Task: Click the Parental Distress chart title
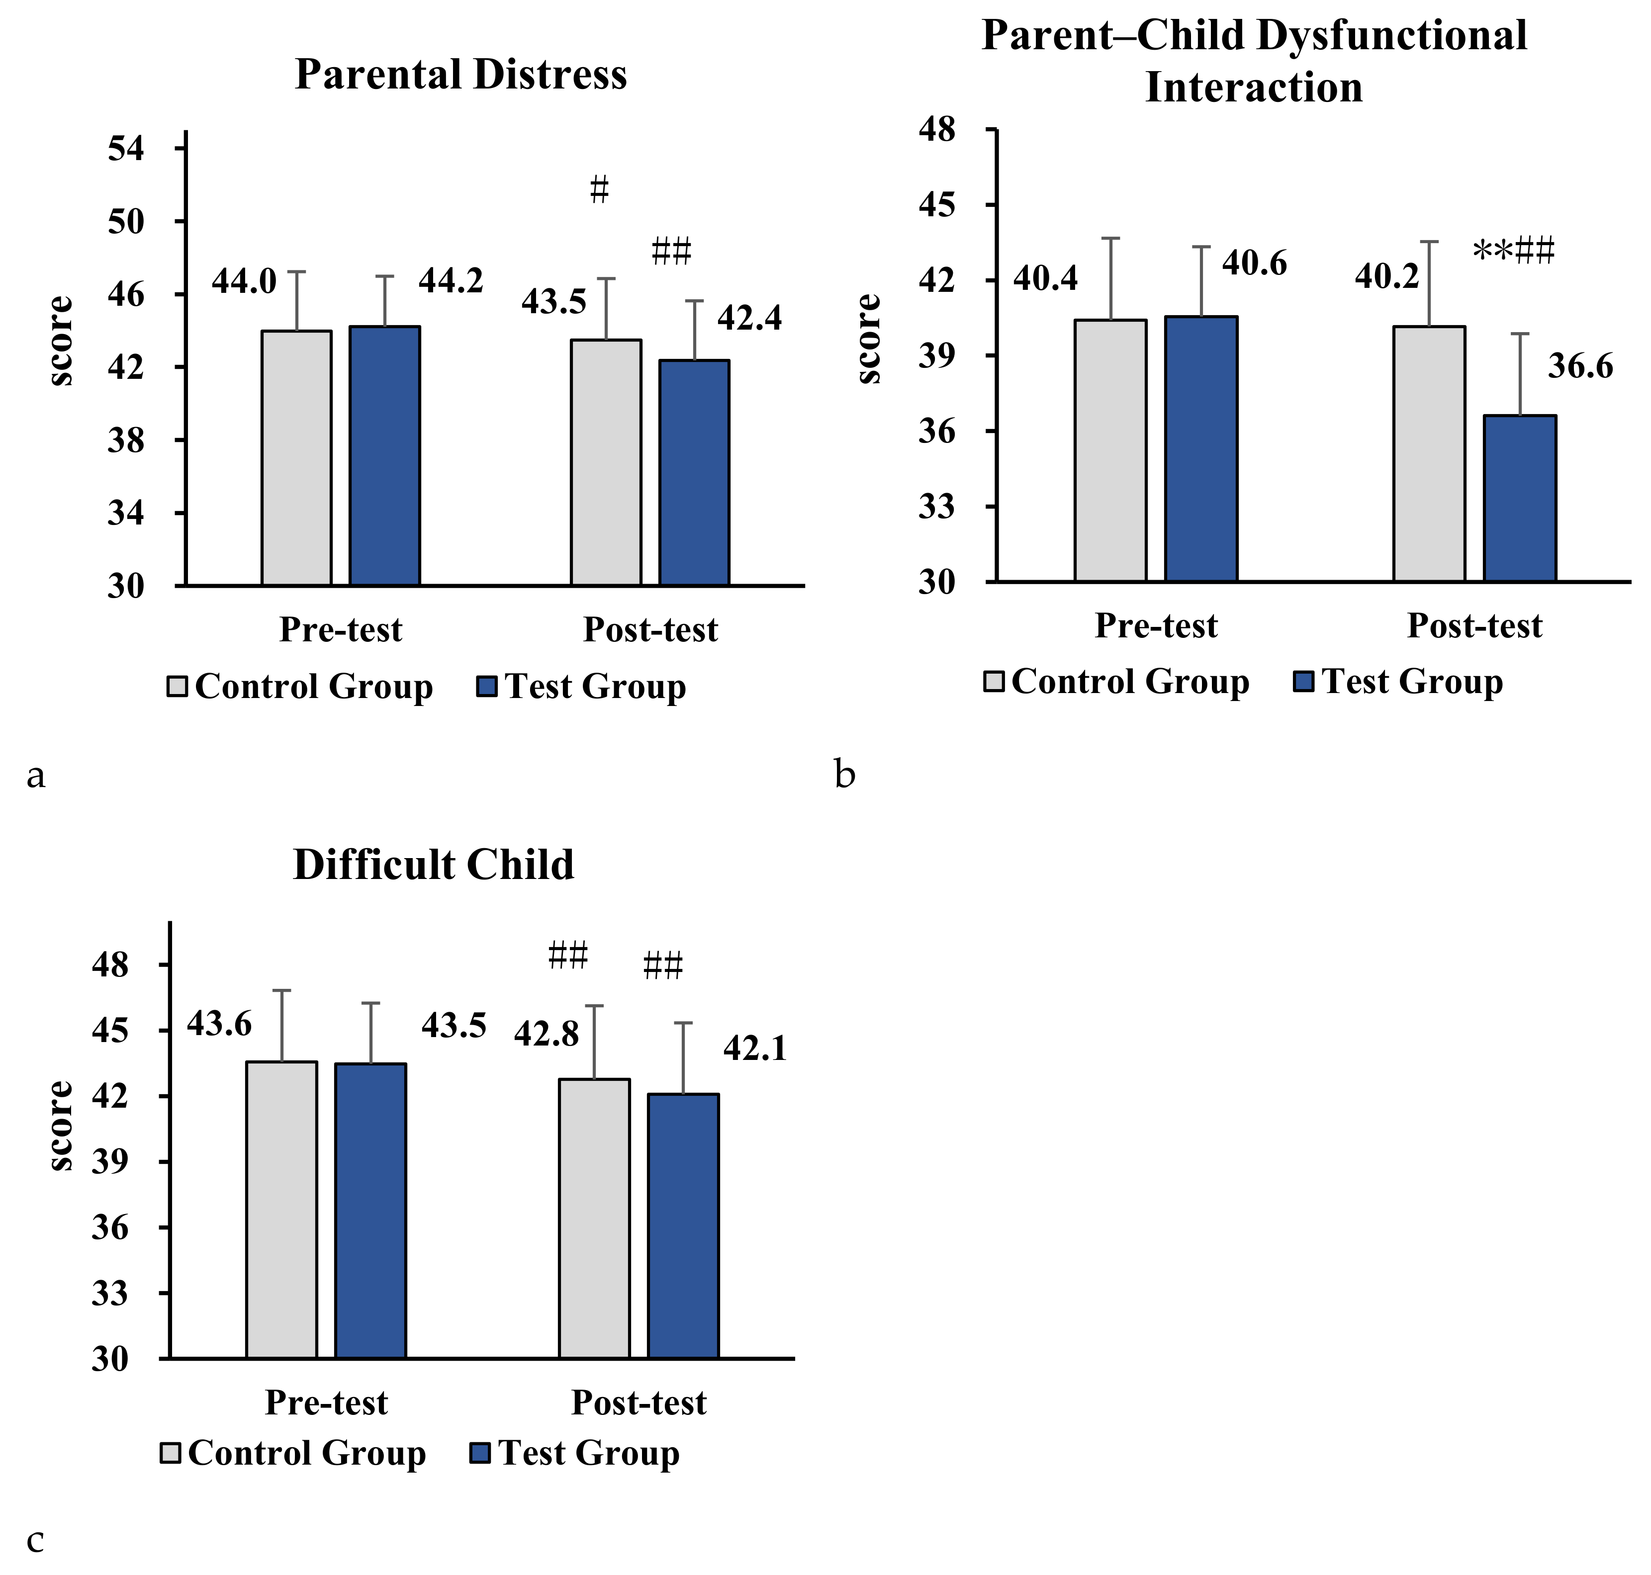tap(461, 75)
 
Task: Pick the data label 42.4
tap(749, 318)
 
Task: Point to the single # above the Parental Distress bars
tap(599, 190)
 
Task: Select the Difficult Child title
tap(433, 865)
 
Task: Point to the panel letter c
tap(35, 1541)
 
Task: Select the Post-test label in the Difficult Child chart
tap(639, 1403)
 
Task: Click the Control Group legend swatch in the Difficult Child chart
tap(171, 1453)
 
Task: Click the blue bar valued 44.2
tap(384, 456)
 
